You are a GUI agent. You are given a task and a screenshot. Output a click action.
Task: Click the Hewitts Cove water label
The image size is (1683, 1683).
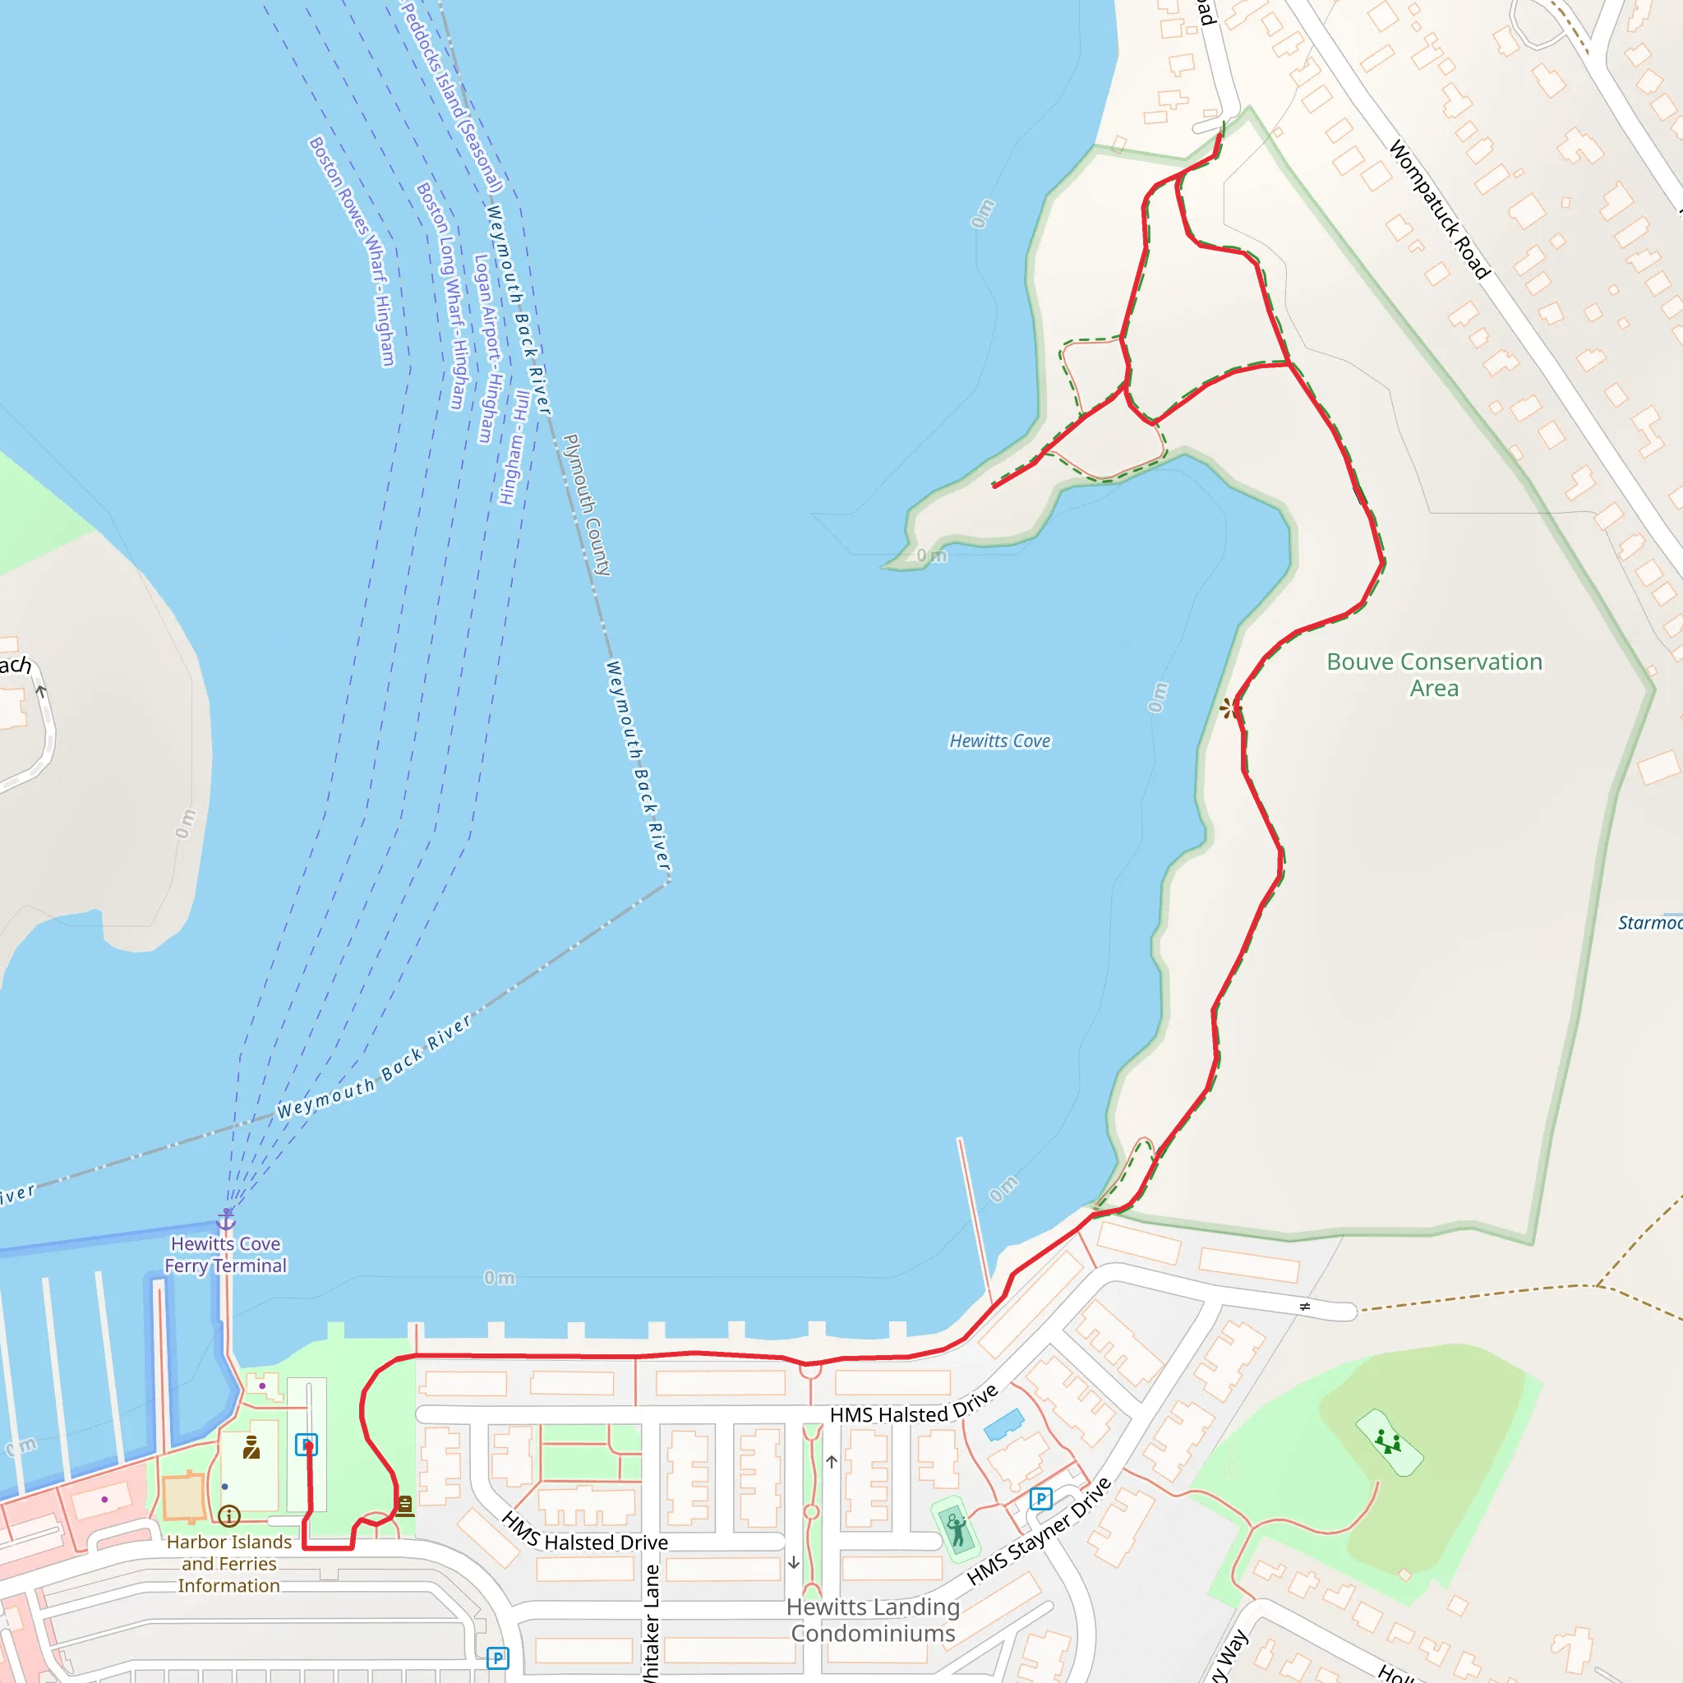(x=999, y=740)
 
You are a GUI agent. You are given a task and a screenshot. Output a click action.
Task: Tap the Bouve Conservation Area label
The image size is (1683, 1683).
(x=1434, y=674)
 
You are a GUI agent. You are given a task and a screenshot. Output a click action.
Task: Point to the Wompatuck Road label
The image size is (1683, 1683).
(x=1438, y=209)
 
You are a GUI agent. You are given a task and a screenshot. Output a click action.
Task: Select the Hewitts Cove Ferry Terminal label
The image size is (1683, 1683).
(x=226, y=1254)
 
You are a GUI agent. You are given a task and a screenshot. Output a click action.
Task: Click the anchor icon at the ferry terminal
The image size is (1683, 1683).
(x=227, y=1219)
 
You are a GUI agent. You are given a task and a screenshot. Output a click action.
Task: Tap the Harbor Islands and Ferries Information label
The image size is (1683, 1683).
(x=229, y=1564)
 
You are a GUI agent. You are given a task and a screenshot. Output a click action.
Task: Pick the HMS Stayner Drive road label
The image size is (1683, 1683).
(x=1039, y=1530)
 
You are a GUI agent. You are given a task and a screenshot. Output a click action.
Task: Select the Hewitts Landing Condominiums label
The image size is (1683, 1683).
(x=873, y=1620)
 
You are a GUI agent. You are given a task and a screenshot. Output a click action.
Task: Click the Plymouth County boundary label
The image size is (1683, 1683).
(x=587, y=505)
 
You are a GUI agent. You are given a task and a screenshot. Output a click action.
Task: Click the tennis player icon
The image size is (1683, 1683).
(x=957, y=1530)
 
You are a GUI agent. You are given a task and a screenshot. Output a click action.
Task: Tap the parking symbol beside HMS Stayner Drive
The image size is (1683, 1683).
(x=1040, y=1499)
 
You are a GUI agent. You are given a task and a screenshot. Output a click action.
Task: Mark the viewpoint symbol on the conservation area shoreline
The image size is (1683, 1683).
(x=1229, y=708)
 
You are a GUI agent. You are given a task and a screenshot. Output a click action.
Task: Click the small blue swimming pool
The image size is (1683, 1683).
(x=1003, y=1423)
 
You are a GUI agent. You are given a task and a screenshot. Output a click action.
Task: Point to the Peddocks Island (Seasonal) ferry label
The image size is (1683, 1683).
(x=452, y=96)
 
